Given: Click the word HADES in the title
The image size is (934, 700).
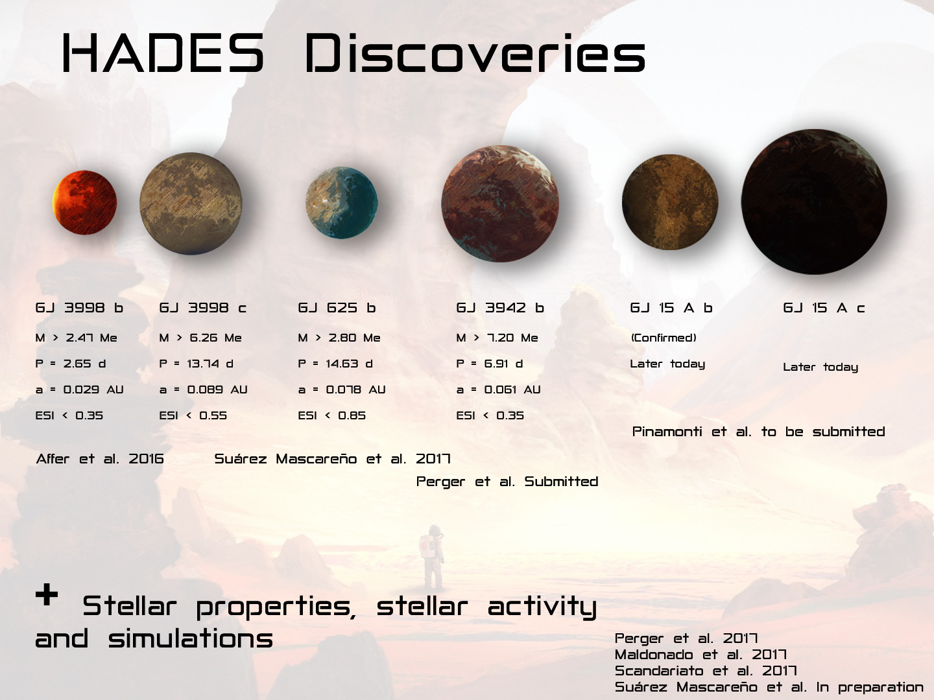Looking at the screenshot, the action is coord(163,53).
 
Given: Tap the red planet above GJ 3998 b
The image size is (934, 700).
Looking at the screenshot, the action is coord(85,202).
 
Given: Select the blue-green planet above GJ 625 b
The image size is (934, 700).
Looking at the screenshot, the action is coord(342,202).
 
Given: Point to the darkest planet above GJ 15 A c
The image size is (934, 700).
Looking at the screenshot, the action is coord(814,202).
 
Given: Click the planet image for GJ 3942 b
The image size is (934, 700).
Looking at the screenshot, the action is coord(500,204).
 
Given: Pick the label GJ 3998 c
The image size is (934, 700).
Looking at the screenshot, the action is coord(202,308).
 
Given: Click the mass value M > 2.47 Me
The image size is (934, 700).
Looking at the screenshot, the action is coord(76,338).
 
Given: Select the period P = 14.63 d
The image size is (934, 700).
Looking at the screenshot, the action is coord(335,364).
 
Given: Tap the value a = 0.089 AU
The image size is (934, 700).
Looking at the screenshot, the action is coord(203,390).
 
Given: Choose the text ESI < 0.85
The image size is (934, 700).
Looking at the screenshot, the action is coord(332,415).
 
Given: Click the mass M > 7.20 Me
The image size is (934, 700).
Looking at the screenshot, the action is coord(497,338).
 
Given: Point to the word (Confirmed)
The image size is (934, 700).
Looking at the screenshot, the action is coord(664,338).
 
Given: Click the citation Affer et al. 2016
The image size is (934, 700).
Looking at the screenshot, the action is coord(100,459).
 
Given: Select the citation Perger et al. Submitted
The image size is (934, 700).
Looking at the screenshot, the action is coord(507,482).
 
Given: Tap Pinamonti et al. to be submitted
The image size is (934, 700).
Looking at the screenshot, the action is coord(759,432).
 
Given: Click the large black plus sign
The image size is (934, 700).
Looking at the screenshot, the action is coord(47,594).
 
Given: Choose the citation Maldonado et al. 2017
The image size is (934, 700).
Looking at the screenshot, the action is coord(700,655).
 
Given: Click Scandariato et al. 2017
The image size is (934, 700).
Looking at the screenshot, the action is coord(706,671).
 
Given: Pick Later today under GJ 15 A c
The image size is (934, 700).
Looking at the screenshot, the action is coord(820,367).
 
